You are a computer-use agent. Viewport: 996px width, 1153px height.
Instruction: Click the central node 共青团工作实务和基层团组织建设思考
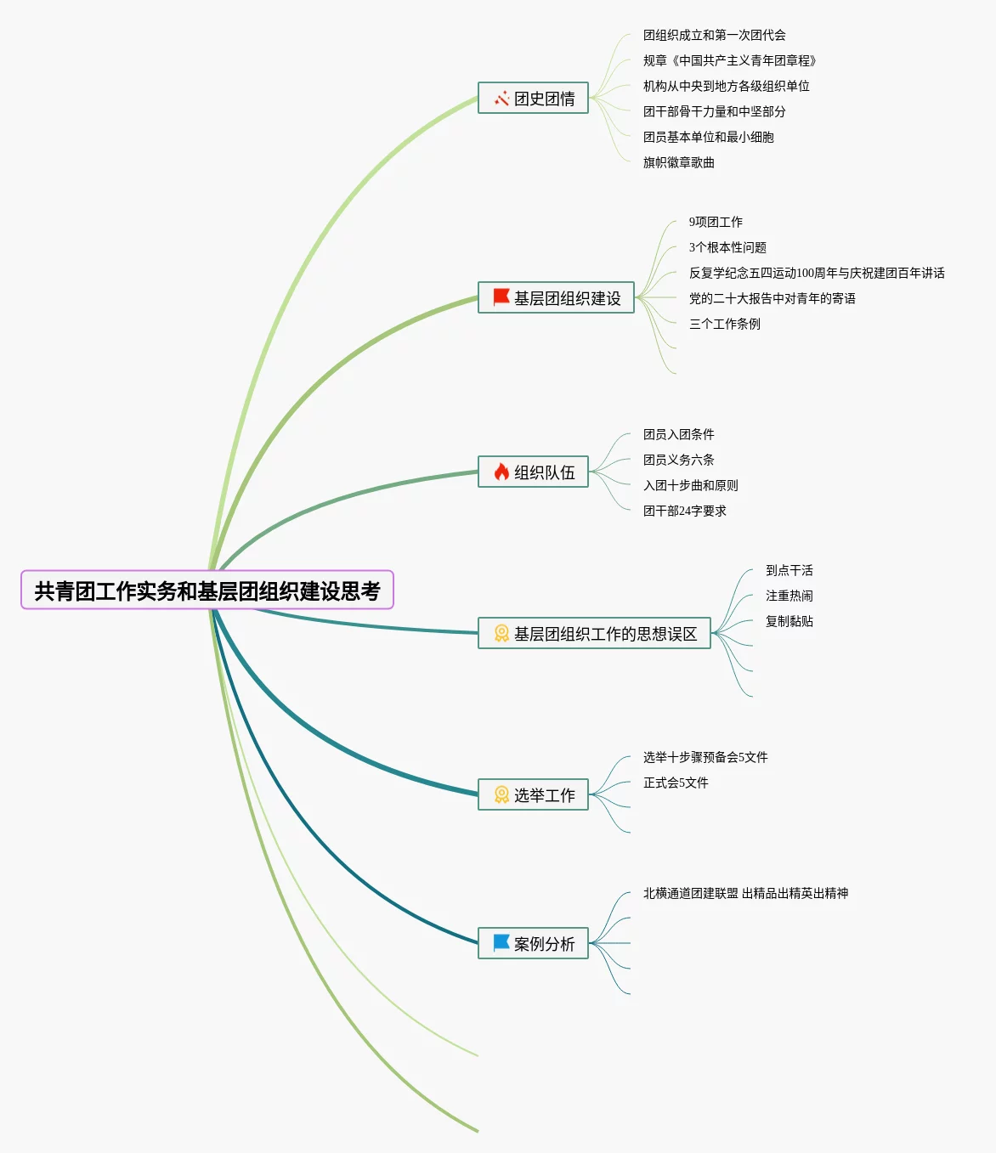[207, 591]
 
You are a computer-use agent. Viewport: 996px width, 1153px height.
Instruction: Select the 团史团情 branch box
[533, 99]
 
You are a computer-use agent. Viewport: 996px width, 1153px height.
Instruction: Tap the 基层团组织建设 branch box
[556, 298]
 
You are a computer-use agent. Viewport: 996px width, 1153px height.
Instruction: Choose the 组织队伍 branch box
[533, 472]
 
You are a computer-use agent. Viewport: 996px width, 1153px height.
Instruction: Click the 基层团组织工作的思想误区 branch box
[594, 634]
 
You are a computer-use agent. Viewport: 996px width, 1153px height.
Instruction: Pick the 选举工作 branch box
[533, 795]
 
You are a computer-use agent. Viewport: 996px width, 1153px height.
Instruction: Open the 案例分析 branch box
[533, 944]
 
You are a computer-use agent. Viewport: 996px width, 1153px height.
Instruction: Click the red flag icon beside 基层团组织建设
[501, 297]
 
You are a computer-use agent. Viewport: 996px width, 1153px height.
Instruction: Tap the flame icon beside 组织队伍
[501, 472]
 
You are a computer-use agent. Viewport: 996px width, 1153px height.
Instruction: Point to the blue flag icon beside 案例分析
[501, 943]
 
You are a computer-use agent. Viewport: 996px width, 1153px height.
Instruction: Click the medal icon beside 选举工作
[501, 795]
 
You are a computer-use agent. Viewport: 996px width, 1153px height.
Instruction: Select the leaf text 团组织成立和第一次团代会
[714, 35]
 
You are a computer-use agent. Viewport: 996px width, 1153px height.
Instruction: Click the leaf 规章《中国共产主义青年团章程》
[729, 60]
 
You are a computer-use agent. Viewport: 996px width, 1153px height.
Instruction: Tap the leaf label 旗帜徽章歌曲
[678, 162]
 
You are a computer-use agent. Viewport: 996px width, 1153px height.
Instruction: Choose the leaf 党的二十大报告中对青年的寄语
[772, 298]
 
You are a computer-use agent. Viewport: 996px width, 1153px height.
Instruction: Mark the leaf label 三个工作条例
[724, 324]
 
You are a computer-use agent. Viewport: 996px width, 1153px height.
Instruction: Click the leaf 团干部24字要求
[684, 511]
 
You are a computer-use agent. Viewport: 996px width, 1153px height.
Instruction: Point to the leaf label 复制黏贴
[789, 621]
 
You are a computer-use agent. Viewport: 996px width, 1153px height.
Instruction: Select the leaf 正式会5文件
[675, 783]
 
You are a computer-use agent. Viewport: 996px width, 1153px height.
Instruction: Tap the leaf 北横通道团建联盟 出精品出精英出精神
[745, 893]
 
